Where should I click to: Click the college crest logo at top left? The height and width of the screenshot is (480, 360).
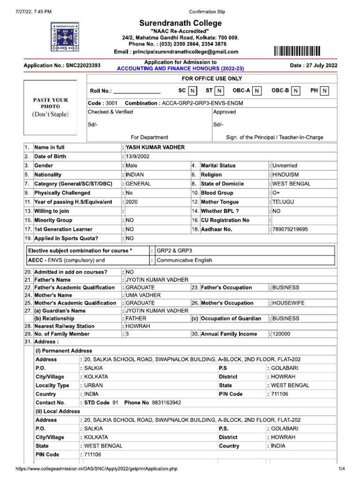click(x=62, y=37)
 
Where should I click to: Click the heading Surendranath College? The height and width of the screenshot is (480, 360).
click(x=180, y=23)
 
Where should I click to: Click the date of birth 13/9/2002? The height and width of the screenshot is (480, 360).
click(x=138, y=157)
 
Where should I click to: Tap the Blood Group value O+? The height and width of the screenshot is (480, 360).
click(x=277, y=193)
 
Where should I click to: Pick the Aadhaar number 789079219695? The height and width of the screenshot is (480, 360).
click(x=290, y=230)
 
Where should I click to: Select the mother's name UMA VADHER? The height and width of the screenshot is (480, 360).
click(x=143, y=295)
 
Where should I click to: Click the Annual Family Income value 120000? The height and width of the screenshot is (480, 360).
click(x=281, y=334)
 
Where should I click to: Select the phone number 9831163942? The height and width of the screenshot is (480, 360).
click(x=165, y=403)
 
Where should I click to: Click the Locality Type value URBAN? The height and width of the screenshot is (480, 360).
click(x=94, y=385)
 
